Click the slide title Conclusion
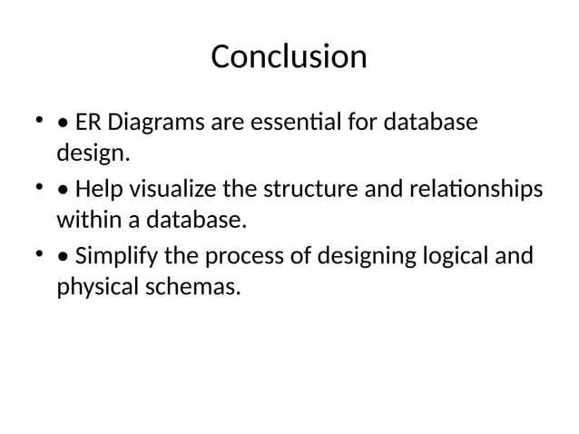pyautogui.click(x=289, y=57)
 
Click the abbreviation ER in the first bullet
pyautogui.click(x=88, y=122)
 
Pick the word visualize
pyautogui.click(x=170, y=190)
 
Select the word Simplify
pyautogui.click(x=119, y=257)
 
